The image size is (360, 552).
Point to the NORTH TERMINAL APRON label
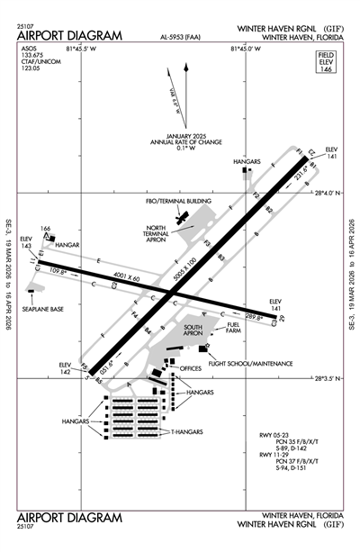pos(157,237)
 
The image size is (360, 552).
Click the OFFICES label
pos(191,368)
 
